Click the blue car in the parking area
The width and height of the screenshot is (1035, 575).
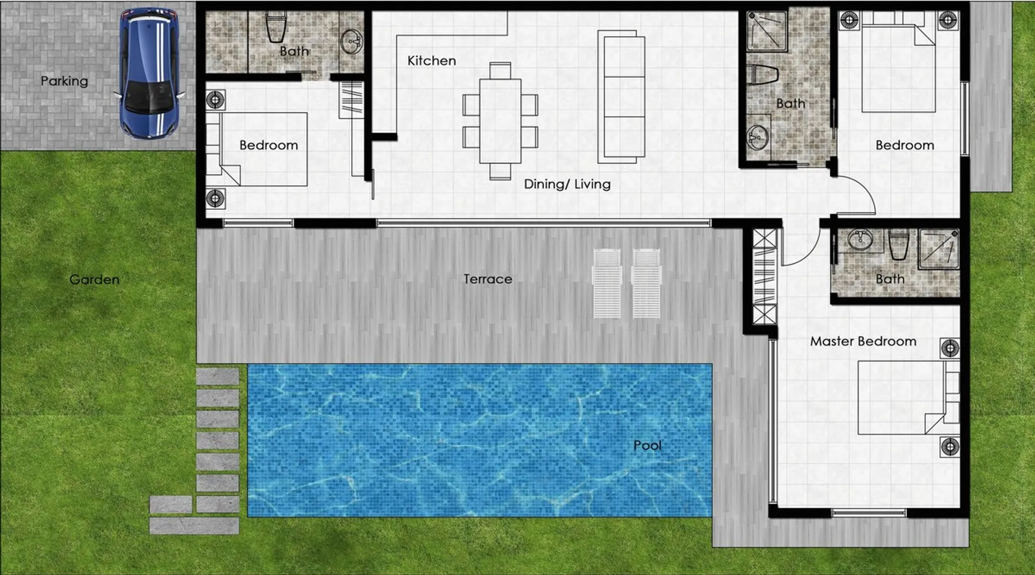pyautogui.click(x=150, y=74)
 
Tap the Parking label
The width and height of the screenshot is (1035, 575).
pyautogui.click(x=64, y=81)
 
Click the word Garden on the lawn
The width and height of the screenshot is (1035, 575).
pyautogui.click(x=94, y=279)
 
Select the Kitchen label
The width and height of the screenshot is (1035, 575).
pyautogui.click(x=432, y=60)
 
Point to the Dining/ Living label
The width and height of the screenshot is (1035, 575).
pyautogui.click(x=567, y=184)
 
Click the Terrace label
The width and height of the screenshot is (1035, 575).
pyautogui.click(x=488, y=279)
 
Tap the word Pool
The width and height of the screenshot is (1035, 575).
pyautogui.click(x=647, y=445)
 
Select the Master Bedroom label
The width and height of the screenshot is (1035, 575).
pyautogui.click(x=863, y=341)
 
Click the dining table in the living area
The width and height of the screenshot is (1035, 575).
pyautogui.click(x=500, y=121)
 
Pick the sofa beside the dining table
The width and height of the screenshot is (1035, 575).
pyautogui.click(x=621, y=95)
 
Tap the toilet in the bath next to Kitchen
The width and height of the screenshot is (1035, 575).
pyautogui.click(x=275, y=28)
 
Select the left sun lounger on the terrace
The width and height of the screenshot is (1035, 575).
pyautogui.click(x=607, y=283)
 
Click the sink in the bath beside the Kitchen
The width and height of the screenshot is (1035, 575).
pyautogui.click(x=351, y=41)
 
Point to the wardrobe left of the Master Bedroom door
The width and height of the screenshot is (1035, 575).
pyautogui.click(x=764, y=277)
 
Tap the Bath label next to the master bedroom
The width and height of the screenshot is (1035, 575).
pyautogui.click(x=890, y=279)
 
